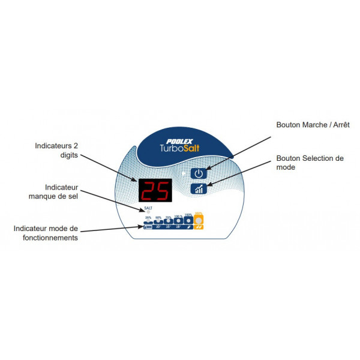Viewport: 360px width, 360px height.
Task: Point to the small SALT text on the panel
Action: coord(148,209)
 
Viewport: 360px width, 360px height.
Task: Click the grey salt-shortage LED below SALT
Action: coord(148,213)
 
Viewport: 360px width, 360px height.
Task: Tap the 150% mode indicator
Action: coord(188,222)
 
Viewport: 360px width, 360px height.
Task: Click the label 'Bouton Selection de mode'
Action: coord(310,163)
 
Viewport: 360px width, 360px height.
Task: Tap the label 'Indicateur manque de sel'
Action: coord(55,191)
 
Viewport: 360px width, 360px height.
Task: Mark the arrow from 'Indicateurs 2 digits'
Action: coord(111,166)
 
